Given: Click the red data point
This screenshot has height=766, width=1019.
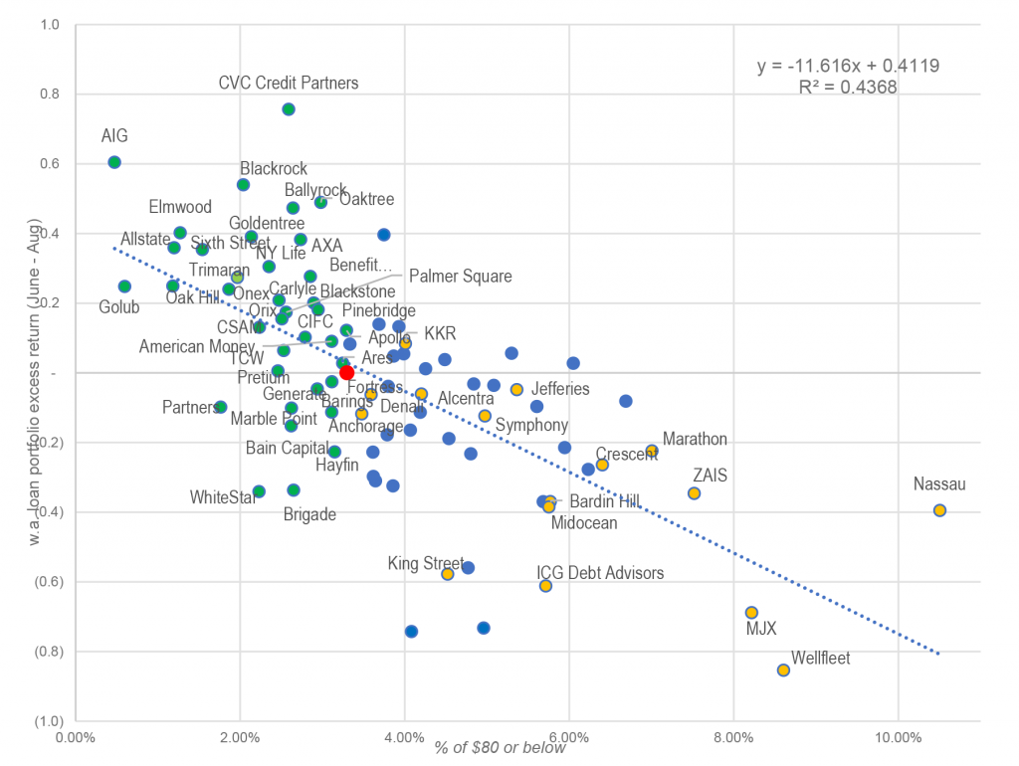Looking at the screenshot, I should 346,372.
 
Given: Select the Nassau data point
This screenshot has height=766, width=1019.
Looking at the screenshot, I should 939,510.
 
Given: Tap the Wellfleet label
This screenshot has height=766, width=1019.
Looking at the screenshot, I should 820,659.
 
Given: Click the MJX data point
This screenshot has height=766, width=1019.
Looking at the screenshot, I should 751,613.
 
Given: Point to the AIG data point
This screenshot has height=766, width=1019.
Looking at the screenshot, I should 114,162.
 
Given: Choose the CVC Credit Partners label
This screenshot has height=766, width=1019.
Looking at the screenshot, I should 288,84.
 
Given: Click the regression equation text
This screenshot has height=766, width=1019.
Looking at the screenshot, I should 848,66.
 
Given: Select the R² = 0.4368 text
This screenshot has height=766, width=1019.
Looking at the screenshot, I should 848,87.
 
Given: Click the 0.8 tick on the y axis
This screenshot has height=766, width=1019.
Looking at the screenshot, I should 47,94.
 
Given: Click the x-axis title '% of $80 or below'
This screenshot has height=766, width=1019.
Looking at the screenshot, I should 500,748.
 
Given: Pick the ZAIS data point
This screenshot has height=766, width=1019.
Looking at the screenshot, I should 694,493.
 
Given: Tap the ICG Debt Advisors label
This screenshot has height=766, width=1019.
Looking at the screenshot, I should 600,573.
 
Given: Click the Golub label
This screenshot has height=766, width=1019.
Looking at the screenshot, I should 119,307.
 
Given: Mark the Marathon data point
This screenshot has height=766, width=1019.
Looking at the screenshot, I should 652,451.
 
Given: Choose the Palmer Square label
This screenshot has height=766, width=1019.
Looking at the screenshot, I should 460,277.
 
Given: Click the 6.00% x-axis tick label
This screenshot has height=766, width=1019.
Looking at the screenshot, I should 568,738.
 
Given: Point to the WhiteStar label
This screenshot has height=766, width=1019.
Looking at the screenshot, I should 223,496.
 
